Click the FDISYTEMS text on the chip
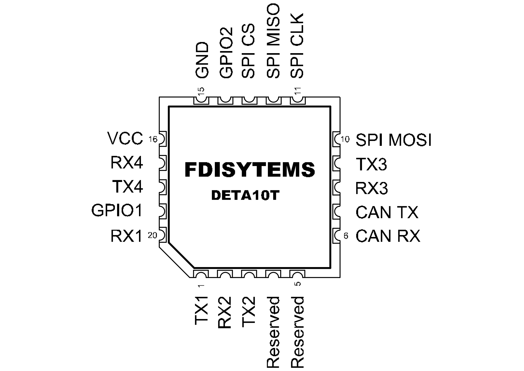click(x=250, y=170)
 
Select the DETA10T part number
click(x=245, y=195)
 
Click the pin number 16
click(x=153, y=139)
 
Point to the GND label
click(x=202, y=60)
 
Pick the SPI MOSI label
click(x=394, y=140)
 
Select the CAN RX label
click(x=388, y=236)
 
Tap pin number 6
click(x=346, y=236)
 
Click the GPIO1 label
click(x=117, y=210)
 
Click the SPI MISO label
click(x=273, y=41)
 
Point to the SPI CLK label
click(x=297, y=46)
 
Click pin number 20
click(x=152, y=236)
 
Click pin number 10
click(x=345, y=139)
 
